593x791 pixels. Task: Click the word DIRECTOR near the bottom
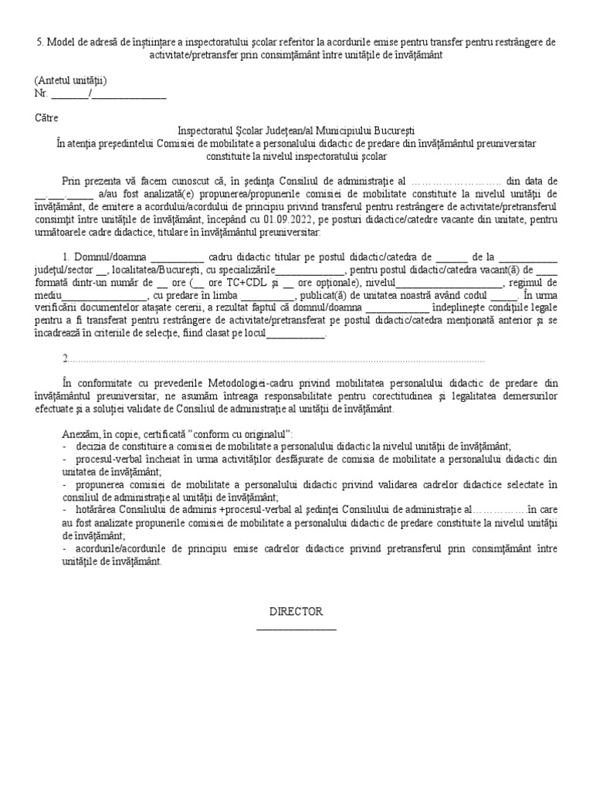[x=296, y=611]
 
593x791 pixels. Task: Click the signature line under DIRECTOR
[x=296, y=628]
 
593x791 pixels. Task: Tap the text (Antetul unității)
[x=71, y=81]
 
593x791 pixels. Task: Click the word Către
[x=46, y=118]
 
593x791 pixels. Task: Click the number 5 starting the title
[x=39, y=42]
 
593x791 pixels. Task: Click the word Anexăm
[x=81, y=433]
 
